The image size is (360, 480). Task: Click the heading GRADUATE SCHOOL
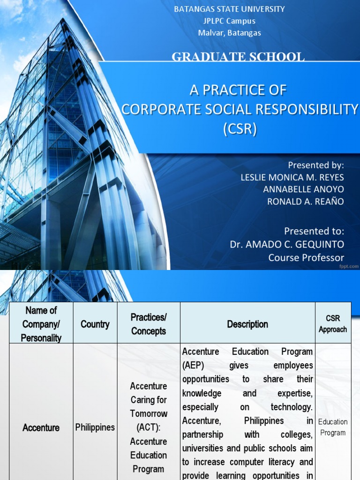pos(238,57)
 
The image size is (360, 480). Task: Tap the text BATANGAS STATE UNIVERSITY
pos(229,9)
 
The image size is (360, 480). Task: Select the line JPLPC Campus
pos(229,21)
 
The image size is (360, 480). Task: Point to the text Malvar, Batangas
pos(229,33)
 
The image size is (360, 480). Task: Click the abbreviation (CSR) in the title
pos(240,129)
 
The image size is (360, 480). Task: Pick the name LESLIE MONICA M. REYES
pos(292,177)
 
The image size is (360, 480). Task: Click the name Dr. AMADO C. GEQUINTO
pos(287,244)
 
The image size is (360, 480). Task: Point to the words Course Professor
pos(306,257)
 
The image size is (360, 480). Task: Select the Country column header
pos(95,324)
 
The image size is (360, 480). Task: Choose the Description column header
pos(247,324)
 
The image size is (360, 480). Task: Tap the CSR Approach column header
pos(333,324)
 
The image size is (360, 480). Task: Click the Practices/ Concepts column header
pos(149,324)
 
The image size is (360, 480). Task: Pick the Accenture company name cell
pos(41,427)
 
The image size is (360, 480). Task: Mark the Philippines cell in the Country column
pos(95,427)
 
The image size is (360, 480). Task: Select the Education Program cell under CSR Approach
pos(333,427)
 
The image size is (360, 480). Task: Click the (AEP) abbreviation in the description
pos(194,365)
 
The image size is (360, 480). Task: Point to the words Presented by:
pos(316,165)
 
